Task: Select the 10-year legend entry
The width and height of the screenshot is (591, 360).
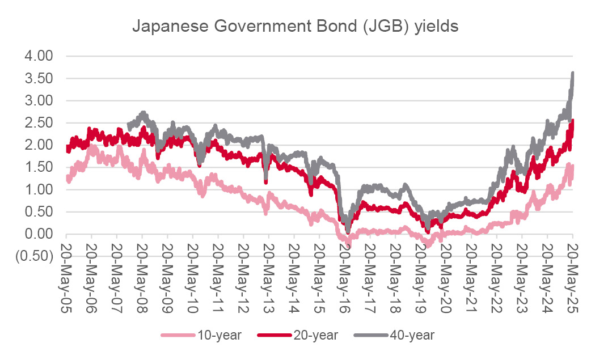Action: pos(219,335)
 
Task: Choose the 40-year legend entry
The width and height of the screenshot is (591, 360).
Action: pos(412,335)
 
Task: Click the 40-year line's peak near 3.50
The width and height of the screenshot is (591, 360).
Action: pos(573,74)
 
